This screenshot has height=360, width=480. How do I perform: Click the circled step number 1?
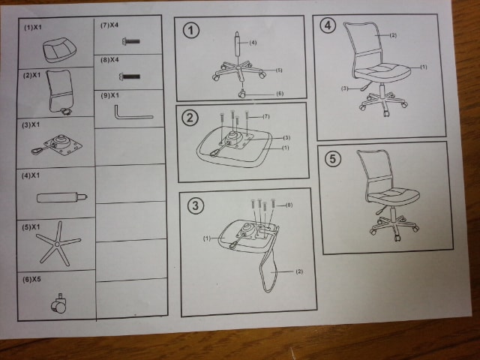[191, 31]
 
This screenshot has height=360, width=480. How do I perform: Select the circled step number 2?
[190, 118]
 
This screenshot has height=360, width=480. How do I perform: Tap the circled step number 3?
[195, 205]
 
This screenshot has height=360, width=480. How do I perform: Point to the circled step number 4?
[328, 25]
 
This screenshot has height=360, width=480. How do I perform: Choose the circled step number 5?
[333, 159]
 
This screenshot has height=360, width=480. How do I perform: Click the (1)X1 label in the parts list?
[33, 28]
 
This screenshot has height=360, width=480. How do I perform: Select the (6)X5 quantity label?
[31, 280]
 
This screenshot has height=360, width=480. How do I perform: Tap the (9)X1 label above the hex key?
[110, 95]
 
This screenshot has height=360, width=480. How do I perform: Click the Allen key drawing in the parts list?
[132, 113]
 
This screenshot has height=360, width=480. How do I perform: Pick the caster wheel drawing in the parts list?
[58, 304]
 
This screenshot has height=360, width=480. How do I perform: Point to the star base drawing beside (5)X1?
[58, 244]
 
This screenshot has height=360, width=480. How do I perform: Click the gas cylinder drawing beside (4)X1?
[62, 197]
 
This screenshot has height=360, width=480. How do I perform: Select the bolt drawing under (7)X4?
[131, 41]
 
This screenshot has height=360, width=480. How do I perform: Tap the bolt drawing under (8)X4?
[130, 76]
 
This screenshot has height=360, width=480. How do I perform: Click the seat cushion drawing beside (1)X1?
[59, 50]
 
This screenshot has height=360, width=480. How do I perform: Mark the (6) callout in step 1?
[280, 94]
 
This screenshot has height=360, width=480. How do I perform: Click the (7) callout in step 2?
[266, 117]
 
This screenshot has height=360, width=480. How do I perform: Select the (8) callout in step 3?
[289, 205]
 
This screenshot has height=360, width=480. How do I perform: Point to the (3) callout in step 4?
[345, 88]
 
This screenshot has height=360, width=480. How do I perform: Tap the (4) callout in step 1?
[253, 43]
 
